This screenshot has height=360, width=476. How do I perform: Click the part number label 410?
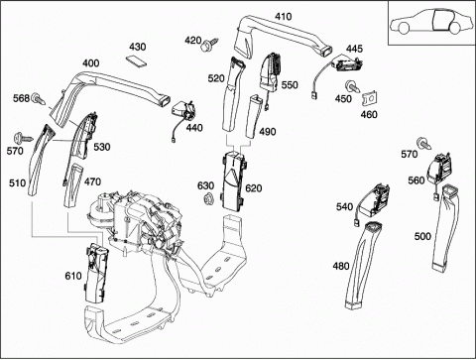click(284, 17)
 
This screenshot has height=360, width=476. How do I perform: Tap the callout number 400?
click(90, 62)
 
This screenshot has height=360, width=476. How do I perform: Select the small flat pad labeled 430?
click(136, 61)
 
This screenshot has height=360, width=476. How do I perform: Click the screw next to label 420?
click(210, 45)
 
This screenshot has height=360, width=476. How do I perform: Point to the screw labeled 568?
click(38, 99)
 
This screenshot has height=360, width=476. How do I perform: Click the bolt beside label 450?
click(353, 87)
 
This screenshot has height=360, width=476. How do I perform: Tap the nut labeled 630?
click(208, 198)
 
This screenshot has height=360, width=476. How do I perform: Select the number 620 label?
click(254, 188)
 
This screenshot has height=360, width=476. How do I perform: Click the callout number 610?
click(73, 276)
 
